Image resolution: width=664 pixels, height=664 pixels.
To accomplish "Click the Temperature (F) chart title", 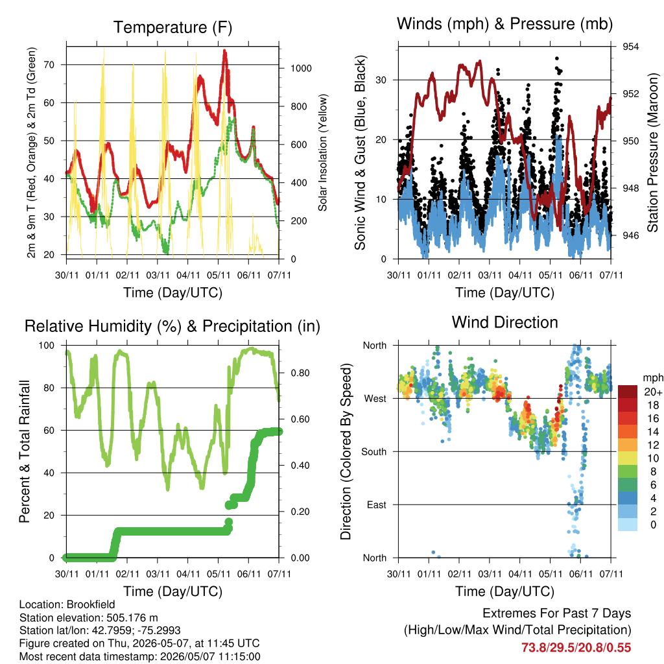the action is [x=172, y=27].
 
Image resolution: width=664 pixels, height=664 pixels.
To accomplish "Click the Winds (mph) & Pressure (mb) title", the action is [x=504, y=24].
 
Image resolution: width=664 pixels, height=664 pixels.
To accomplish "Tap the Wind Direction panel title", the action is [x=504, y=322].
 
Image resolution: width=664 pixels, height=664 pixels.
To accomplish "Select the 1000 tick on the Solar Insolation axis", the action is [x=301, y=68].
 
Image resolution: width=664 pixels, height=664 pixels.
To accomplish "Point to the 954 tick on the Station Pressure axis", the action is [x=630, y=47].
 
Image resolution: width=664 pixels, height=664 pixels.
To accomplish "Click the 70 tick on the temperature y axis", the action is [x=49, y=65].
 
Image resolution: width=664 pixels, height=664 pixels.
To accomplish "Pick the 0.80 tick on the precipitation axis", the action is [x=300, y=373].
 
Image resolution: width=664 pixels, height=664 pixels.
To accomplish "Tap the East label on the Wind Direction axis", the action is [x=377, y=504].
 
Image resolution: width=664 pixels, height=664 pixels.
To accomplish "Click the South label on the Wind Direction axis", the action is [x=374, y=452].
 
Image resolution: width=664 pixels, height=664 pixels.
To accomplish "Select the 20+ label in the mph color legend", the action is [x=652, y=392].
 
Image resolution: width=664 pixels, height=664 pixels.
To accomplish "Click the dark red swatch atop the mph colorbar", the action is [x=628, y=392].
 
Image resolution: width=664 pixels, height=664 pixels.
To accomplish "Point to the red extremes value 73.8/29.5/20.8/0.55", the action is [x=576, y=648].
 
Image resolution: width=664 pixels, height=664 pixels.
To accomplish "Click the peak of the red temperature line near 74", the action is [x=224, y=51].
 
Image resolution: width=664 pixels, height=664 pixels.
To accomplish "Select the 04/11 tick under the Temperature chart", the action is [x=188, y=275].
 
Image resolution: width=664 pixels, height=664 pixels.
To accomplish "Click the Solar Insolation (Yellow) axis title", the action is [x=323, y=152].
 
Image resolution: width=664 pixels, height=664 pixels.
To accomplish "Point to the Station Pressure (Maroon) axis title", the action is [x=652, y=152].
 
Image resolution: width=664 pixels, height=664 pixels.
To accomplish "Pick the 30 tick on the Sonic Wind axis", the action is [x=381, y=80].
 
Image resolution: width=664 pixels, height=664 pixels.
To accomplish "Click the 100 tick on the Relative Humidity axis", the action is [x=47, y=346].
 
